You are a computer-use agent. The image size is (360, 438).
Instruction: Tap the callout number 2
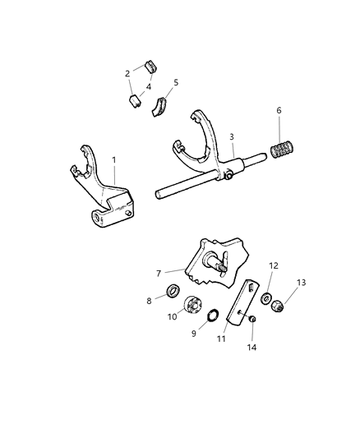click(127, 74)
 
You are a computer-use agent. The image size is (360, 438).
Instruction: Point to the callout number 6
click(279, 109)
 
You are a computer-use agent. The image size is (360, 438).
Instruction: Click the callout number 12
click(273, 265)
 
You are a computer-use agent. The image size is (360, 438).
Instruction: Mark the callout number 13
click(301, 283)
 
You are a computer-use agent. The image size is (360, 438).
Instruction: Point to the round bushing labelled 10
click(194, 305)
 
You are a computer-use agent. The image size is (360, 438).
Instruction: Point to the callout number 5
click(174, 83)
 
